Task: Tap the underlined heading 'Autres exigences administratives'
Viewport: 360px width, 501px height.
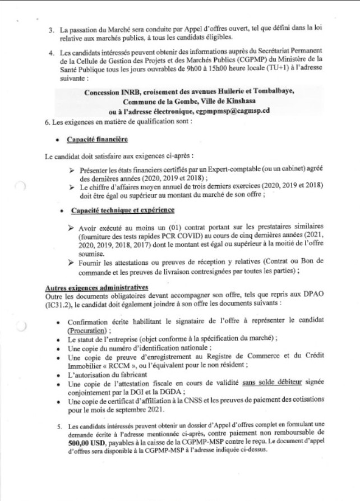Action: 95,286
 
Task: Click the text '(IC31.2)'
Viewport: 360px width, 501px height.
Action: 55,302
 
